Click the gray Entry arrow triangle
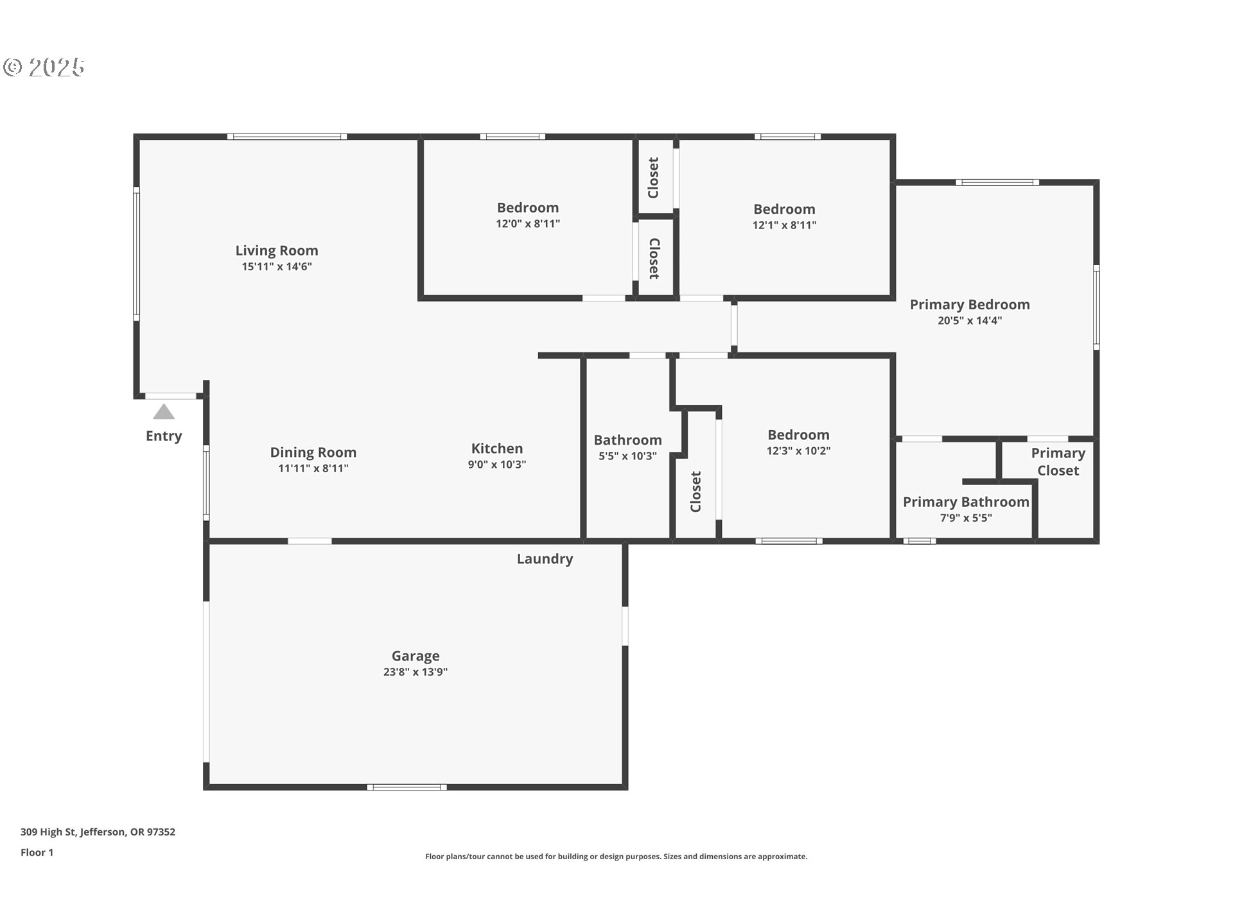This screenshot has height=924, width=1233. (x=164, y=412)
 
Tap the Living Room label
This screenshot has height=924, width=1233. (x=276, y=250)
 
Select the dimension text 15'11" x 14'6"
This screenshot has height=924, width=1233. (x=276, y=267)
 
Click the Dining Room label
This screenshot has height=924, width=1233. (x=313, y=452)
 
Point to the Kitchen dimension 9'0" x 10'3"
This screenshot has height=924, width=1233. (x=496, y=465)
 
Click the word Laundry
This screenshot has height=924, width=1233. (x=545, y=559)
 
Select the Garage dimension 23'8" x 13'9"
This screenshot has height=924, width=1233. (x=415, y=672)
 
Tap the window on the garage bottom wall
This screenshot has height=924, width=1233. (x=407, y=787)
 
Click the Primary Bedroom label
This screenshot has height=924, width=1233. (x=969, y=305)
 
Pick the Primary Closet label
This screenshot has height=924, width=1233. (x=1058, y=462)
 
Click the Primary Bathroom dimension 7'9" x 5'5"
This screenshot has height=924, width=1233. (x=966, y=518)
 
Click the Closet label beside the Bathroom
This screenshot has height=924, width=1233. (x=695, y=492)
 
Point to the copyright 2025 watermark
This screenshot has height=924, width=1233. (x=44, y=67)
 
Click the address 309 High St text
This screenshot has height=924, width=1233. (x=98, y=832)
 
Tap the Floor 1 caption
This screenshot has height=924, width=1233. (x=37, y=852)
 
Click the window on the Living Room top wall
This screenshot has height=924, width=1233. (x=286, y=137)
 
